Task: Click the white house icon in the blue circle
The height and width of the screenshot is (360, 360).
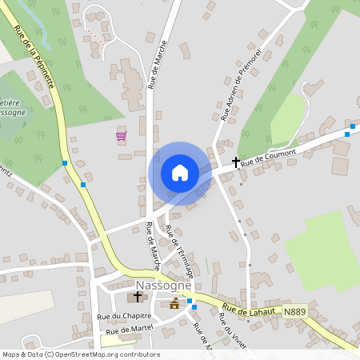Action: [180, 173]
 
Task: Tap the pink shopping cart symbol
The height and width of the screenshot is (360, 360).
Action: [121, 136]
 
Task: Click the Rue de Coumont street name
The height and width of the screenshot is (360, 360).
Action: [268, 156]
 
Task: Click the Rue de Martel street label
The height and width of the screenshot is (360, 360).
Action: [128, 330]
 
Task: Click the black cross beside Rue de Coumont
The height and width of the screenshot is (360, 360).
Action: [236, 162]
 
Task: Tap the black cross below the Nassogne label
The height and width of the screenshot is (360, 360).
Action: [138, 297]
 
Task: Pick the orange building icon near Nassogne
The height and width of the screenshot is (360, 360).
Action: [174, 302]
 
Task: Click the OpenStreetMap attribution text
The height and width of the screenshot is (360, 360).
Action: [80, 354]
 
